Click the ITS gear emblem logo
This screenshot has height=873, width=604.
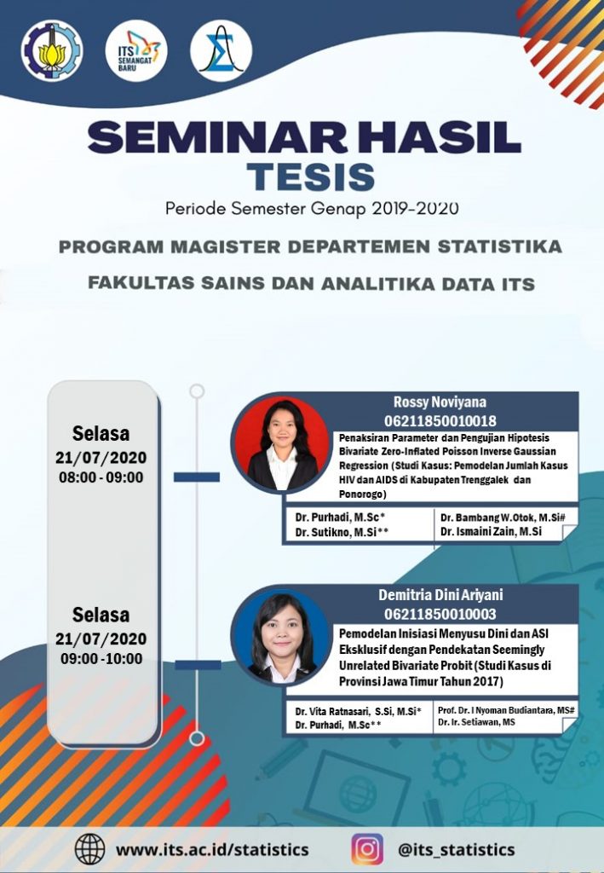point(52,50)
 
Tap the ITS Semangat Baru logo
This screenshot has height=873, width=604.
point(136,50)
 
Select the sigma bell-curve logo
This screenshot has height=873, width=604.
point(221,50)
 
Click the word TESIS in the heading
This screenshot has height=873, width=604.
point(311,176)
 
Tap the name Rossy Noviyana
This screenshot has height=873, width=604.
point(440,402)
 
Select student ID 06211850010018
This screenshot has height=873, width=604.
point(440,421)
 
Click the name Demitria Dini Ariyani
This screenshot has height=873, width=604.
point(440,595)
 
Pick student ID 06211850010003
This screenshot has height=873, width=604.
point(440,614)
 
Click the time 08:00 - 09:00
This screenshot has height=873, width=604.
point(101,477)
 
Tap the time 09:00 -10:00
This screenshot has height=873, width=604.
point(101,658)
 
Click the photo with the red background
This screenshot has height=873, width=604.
point(281,443)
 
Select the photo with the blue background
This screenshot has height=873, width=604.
point(281,636)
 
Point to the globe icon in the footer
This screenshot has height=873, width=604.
point(89,849)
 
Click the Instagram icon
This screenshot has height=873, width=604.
point(367,849)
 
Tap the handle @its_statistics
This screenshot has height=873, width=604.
point(456,850)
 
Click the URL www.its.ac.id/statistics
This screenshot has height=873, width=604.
point(212,850)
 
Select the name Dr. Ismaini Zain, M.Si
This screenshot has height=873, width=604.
point(491,532)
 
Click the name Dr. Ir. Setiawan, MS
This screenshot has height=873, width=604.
point(476,722)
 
